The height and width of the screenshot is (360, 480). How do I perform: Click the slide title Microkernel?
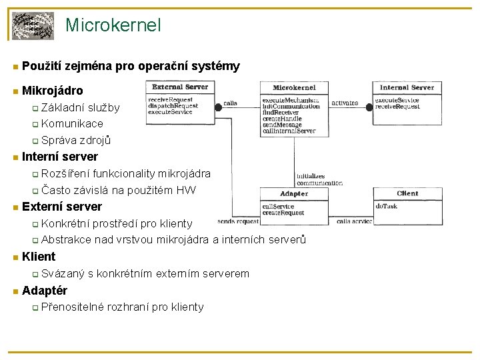tap(113, 25)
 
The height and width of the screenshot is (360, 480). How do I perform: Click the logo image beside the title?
tap(34, 26)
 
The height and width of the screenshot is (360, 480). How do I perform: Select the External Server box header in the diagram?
tap(180, 87)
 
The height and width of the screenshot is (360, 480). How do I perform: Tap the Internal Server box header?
tap(407, 87)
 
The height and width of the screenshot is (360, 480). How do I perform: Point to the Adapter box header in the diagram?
tap(294, 194)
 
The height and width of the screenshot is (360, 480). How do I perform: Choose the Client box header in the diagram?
tap(407, 193)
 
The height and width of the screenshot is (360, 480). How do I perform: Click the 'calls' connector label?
tap(230, 103)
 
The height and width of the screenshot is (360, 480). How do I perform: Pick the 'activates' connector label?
tap(345, 103)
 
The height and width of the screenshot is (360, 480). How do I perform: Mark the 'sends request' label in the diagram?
tap(238, 221)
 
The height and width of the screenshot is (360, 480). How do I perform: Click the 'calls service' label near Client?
tap(353, 221)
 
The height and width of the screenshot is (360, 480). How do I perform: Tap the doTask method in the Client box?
tap(386, 206)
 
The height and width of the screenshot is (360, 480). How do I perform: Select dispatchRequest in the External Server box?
tap(173, 106)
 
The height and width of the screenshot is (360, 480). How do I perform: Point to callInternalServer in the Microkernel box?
tap(289, 131)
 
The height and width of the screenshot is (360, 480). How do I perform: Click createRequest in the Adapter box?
tap(283, 212)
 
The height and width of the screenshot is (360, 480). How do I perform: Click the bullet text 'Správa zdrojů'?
tap(75, 140)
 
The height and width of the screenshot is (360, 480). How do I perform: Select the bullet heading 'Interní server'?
tap(60, 157)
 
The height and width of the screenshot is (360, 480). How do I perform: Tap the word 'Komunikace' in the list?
tap(72, 123)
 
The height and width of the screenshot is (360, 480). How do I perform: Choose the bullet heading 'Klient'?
tap(39, 257)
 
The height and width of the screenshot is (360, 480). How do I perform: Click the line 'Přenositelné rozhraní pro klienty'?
tap(123, 307)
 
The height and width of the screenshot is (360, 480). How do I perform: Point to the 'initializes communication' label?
tap(315, 179)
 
